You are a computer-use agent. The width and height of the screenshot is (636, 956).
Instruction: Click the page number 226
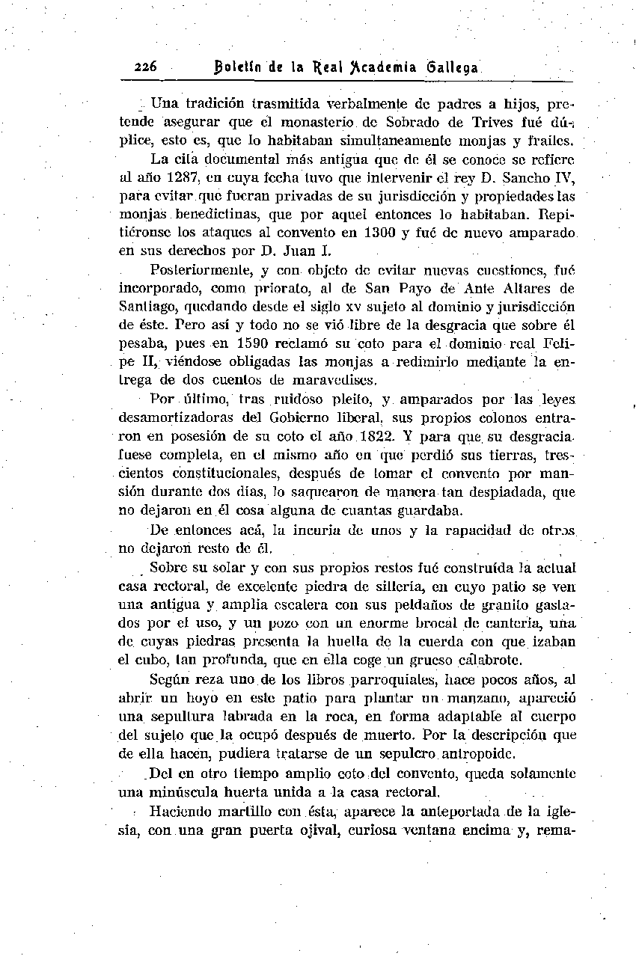(145, 67)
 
